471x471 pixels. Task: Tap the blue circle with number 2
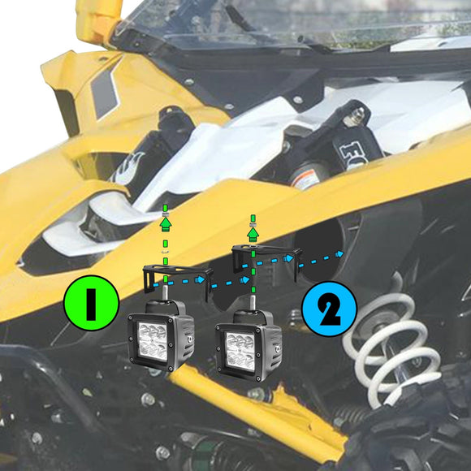coord(329,309)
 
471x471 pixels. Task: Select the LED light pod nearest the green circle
coord(160,337)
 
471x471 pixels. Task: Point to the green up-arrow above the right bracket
coord(253,233)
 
